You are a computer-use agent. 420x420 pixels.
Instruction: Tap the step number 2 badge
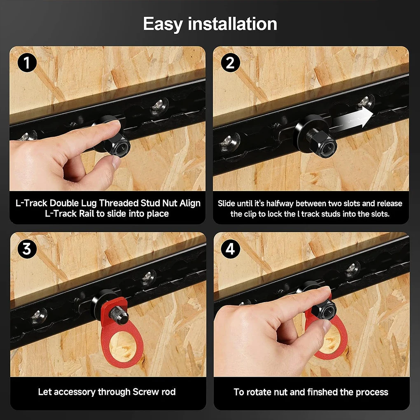pos(230,63)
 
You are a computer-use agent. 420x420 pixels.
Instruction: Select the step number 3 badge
pos(27,250)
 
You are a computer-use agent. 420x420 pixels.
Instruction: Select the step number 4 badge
pos(231,250)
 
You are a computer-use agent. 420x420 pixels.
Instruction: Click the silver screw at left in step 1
pos(27,136)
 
